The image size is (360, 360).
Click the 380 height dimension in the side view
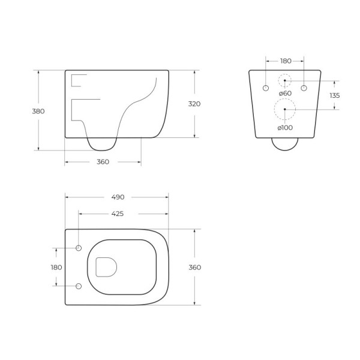39,111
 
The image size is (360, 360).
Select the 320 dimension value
194,104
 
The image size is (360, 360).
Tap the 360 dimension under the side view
103,162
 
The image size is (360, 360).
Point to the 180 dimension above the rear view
285,61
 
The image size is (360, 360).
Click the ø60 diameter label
284,93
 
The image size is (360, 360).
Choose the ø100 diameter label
284,128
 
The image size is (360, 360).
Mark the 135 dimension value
335,95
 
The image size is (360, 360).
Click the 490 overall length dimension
118,196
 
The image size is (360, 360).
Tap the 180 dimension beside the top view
56,267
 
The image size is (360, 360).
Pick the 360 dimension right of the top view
194,267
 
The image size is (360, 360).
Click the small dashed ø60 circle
285,80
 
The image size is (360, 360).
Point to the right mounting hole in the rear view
304,89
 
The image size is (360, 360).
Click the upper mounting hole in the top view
79,248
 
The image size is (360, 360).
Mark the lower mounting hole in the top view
79,286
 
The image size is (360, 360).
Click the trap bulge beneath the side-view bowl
101,145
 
